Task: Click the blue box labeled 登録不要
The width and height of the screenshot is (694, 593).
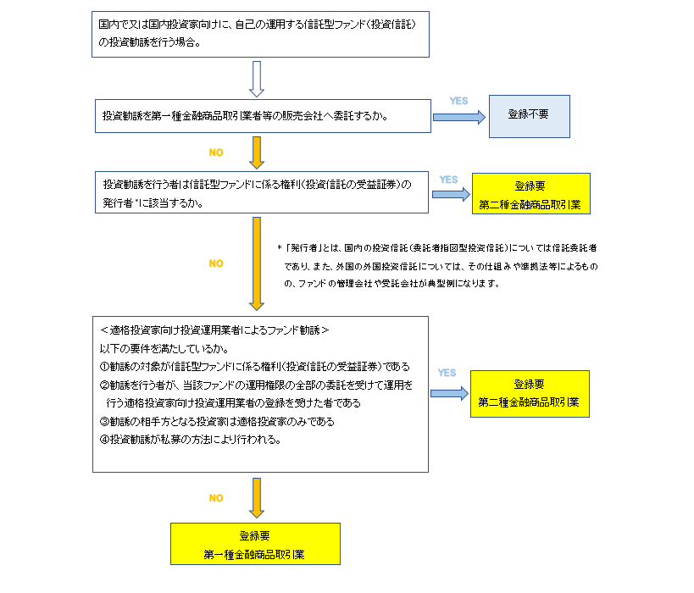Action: (x=530, y=115)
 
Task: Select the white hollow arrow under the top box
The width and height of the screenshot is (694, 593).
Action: (x=257, y=78)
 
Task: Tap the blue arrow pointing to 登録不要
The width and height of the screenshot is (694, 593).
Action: (x=458, y=117)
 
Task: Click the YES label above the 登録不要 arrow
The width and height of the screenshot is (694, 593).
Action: (x=458, y=101)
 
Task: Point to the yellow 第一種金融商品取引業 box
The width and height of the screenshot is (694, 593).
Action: (x=255, y=544)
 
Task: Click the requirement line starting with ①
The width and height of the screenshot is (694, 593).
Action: (x=255, y=366)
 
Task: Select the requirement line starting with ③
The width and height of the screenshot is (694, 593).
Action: (x=218, y=421)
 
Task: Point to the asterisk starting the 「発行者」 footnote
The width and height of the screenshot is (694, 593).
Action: (x=279, y=248)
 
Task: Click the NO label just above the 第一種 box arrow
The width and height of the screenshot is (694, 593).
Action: (x=216, y=498)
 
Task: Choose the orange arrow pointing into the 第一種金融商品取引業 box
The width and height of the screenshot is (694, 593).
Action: (x=257, y=497)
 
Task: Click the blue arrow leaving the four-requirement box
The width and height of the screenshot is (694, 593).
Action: (x=448, y=392)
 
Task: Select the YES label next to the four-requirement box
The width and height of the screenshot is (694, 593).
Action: (x=447, y=373)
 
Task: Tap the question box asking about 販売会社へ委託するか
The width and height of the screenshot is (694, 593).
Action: (x=262, y=116)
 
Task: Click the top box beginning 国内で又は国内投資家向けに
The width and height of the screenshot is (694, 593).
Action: (x=262, y=33)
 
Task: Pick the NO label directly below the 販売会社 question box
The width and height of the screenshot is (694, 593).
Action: (x=216, y=152)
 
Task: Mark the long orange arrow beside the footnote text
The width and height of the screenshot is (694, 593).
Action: (x=257, y=263)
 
